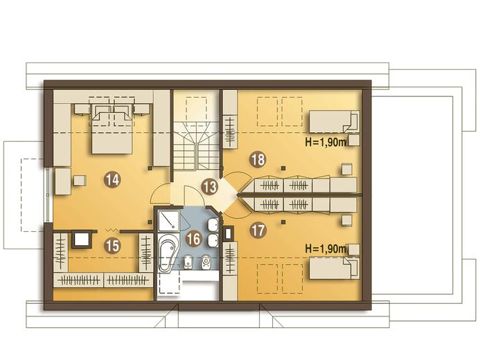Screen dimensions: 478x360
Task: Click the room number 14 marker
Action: pyautogui.click(x=113, y=180)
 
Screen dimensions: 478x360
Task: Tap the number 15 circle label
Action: pyautogui.click(x=112, y=246)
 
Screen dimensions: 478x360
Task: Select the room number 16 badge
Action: pyautogui.click(x=194, y=239)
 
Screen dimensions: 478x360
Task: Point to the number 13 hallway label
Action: pyautogui.click(x=209, y=187)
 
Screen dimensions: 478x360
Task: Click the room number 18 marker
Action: pyautogui.click(x=258, y=159)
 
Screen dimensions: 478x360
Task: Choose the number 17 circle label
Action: pyautogui.click(x=258, y=231)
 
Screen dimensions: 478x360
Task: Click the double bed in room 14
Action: pyautogui.click(x=112, y=129)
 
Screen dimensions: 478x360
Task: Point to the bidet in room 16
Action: pyautogui.click(x=187, y=262)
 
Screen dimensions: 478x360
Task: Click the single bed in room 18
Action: pyautogui.click(x=335, y=122)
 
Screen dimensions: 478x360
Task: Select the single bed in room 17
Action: pyautogui.click(x=335, y=268)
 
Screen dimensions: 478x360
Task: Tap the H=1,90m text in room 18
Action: pyautogui.click(x=326, y=142)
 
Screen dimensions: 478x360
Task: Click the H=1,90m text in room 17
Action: pyautogui.click(x=326, y=249)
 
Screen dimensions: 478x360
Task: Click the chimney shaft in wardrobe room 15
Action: pyautogui.click(x=81, y=240)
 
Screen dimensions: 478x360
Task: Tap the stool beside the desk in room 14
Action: pyautogui.click(x=80, y=180)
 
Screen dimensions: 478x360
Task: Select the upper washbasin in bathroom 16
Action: pyautogui.click(x=213, y=225)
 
